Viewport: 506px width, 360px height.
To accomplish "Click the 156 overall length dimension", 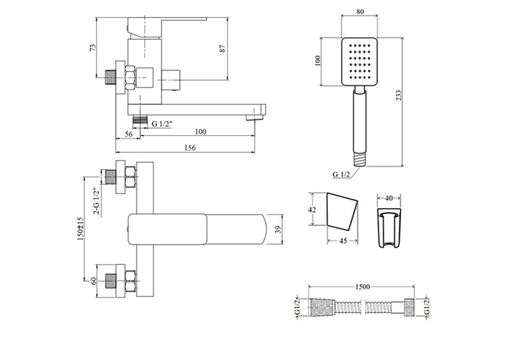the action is [x=190, y=148].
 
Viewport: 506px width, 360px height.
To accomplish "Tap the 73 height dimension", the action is [x=92, y=48].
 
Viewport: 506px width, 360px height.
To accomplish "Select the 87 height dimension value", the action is [x=223, y=48].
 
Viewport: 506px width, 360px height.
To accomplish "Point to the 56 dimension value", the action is [x=129, y=134].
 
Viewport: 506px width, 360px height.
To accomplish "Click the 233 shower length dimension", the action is [x=399, y=96].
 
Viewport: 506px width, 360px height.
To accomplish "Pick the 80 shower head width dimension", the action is [x=360, y=12].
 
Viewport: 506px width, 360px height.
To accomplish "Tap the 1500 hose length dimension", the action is [x=363, y=287].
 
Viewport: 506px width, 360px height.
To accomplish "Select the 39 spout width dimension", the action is [x=278, y=229].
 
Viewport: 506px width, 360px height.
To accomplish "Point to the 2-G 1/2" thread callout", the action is [x=96, y=201].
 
